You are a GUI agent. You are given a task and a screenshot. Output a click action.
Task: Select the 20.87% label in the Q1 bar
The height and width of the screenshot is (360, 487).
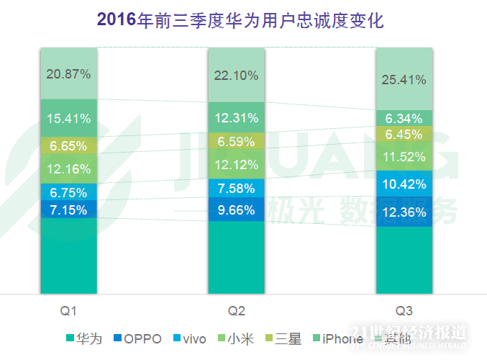(68, 73)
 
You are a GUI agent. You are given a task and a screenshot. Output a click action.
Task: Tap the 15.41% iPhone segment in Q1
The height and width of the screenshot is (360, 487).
(68, 118)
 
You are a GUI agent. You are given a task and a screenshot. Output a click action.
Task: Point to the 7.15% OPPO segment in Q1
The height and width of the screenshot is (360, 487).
(68, 210)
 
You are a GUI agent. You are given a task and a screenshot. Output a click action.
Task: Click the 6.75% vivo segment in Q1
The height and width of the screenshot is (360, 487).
(68, 192)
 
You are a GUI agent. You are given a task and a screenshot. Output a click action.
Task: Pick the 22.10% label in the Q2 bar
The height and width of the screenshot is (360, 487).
(237, 75)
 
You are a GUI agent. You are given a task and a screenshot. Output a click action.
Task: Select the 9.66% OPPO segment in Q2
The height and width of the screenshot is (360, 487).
(237, 211)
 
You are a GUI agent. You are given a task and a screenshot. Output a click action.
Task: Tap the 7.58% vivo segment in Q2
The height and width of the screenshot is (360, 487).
(237, 188)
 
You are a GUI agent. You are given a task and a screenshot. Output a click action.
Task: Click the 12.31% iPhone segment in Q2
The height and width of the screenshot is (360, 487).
(237, 118)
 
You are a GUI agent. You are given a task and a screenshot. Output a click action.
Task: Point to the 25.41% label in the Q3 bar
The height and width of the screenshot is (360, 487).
(404, 79)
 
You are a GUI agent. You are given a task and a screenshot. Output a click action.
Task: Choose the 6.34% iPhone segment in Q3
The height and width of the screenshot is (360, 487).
(404, 118)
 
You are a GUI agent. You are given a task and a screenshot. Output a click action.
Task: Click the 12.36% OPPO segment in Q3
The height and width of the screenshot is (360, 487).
(404, 212)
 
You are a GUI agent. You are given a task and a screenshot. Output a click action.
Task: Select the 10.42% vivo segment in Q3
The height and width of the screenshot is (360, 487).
(404, 184)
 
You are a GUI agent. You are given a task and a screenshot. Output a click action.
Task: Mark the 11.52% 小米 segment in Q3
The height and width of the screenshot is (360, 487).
(404, 156)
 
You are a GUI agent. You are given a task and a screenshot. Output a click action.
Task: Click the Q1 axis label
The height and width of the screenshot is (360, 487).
(68, 311)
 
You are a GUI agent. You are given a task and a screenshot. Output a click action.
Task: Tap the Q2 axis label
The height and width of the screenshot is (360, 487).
(237, 311)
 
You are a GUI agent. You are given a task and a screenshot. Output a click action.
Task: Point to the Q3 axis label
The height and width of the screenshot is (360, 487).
(404, 311)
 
